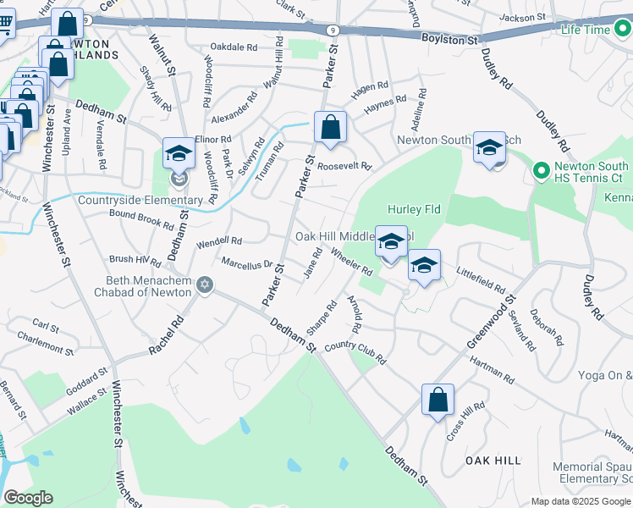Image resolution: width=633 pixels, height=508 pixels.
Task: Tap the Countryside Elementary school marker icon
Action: click(x=179, y=153)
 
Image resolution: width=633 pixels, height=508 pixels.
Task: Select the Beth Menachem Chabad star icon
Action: click(x=203, y=284)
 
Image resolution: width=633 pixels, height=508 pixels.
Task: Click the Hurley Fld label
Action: click(x=410, y=209)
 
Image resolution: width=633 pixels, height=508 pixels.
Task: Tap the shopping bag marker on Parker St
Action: click(x=330, y=129)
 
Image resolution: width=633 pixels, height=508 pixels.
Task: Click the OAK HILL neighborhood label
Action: click(x=493, y=460)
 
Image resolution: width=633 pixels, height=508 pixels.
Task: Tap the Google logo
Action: click(x=29, y=497)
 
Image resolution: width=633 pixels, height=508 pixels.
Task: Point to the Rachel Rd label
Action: click(x=167, y=338)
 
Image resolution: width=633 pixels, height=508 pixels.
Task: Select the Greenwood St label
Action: click(x=490, y=323)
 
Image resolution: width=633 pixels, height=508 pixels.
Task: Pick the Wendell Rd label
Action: click(x=219, y=241)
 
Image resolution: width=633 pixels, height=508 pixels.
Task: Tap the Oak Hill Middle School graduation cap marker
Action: click(x=390, y=242)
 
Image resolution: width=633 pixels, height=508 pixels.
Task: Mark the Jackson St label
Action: click(x=522, y=17)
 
